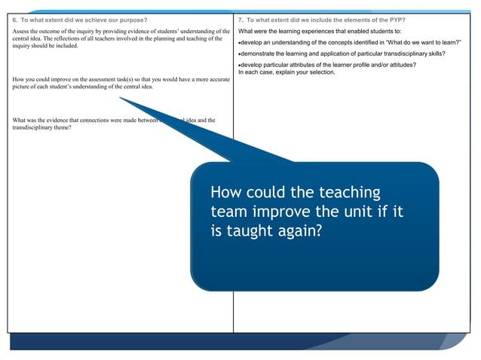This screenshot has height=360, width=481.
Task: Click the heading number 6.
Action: tap(15, 19)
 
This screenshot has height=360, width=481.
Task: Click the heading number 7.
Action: tap(240, 19)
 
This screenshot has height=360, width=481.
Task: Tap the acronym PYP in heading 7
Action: tap(396, 19)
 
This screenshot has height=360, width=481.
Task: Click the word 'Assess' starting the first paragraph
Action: tap(22, 31)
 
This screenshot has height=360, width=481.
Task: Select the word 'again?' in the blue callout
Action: tap(299, 231)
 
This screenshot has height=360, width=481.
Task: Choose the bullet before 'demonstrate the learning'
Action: tap(239, 53)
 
